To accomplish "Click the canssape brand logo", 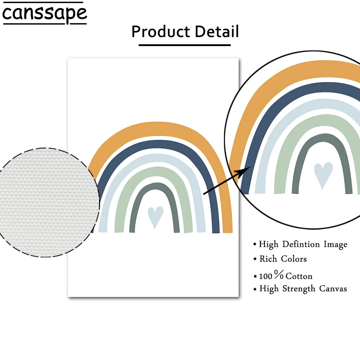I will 44,14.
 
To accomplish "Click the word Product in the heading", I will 161,32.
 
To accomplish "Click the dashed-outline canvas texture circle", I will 49,202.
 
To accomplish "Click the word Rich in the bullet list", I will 268,259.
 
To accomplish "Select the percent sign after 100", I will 279,275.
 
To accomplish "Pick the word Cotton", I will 299,276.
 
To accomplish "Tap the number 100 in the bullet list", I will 266,276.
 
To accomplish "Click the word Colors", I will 294,259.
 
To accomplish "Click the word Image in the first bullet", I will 335,244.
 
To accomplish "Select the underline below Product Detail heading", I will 184,45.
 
